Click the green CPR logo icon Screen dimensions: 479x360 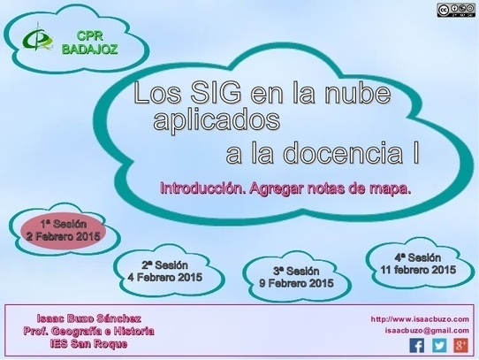coord(37,38)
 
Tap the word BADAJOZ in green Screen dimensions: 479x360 coord(90,49)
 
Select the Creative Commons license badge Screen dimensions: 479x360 coord(456,10)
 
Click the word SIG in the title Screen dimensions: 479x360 coord(216,92)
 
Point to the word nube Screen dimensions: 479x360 coord(357,92)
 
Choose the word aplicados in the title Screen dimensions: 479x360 coord(217,120)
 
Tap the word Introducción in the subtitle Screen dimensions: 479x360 coord(203,188)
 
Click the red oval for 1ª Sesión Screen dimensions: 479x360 coord(64,231)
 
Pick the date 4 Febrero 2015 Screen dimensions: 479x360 coord(165,278)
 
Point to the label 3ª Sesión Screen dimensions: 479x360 coord(296,271)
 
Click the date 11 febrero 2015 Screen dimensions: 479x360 coord(418,270)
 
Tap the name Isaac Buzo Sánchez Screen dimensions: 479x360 coord(89,318)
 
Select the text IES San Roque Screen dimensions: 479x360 coord(89,344)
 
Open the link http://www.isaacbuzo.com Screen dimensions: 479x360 coord(420,319)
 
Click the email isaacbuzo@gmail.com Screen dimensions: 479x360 coord(427,331)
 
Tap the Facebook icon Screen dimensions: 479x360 coord(416,346)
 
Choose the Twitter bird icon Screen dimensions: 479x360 coord(439,346)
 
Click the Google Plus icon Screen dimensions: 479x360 coord(460,346)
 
